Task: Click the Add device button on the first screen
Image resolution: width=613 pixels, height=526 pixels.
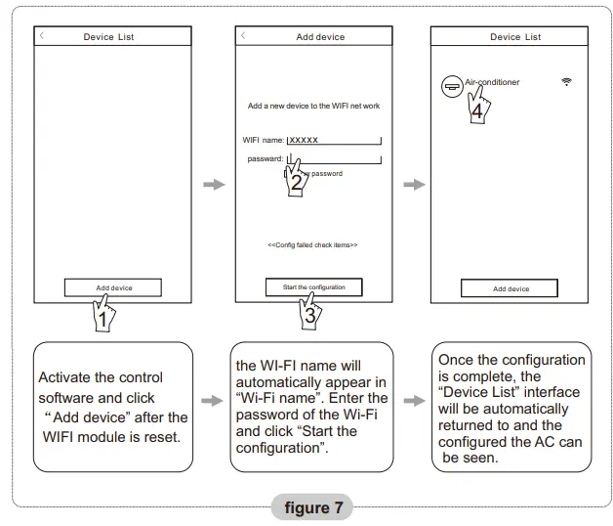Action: pyautogui.click(x=113, y=287)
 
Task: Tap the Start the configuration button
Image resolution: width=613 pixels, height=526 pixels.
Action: pyautogui.click(x=312, y=286)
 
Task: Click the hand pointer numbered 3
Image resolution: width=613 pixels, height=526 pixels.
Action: pyautogui.click(x=309, y=312)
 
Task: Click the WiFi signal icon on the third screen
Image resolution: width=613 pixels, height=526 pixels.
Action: pyautogui.click(x=566, y=81)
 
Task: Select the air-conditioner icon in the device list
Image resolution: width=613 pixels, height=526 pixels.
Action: pyautogui.click(x=451, y=85)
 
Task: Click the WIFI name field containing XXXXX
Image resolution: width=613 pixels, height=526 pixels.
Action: pyautogui.click(x=333, y=140)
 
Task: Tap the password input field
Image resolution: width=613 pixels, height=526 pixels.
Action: pyautogui.click(x=332, y=158)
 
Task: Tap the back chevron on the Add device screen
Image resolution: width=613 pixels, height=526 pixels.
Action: pyautogui.click(x=243, y=35)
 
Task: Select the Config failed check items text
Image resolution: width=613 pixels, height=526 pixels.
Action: pyautogui.click(x=312, y=244)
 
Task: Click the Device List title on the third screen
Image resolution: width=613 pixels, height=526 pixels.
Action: pyautogui.click(x=514, y=37)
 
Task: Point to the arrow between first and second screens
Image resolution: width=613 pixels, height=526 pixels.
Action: pyautogui.click(x=213, y=184)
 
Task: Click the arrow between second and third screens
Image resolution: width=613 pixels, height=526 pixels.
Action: pyautogui.click(x=413, y=184)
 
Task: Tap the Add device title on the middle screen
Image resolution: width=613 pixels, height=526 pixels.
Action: pyautogui.click(x=320, y=37)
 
